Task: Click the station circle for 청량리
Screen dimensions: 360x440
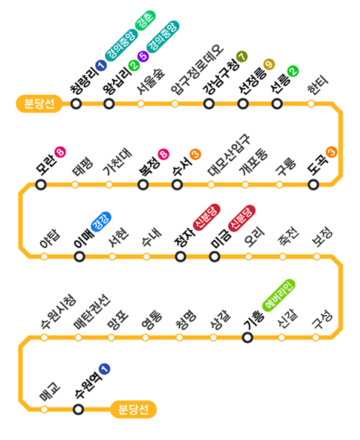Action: (76, 104)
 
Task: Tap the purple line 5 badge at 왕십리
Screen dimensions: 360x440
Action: (142, 57)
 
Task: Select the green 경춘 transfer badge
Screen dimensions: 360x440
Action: (146, 21)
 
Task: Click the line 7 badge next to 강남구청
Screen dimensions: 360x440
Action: (241, 57)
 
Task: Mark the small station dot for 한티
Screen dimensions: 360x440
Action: (311, 104)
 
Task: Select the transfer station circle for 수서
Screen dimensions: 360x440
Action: (177, 184)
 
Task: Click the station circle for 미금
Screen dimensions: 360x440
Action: (214, 257)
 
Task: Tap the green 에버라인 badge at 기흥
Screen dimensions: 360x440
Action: (279, 293)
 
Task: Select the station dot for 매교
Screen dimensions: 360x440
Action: (44, 409)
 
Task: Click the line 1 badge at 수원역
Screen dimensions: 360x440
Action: (105, 369)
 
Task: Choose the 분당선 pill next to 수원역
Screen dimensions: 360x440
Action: (134, 409)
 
